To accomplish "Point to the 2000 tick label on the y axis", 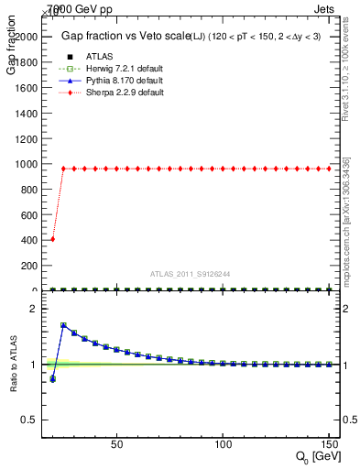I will click(x=25, y=36).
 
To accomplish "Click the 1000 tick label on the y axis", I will click(x=25, y=164).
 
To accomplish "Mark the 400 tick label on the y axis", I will click(x=27, y=240).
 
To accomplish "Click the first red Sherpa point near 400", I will click(x=52, y=239).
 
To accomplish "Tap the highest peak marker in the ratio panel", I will click(x=63, y=325).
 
